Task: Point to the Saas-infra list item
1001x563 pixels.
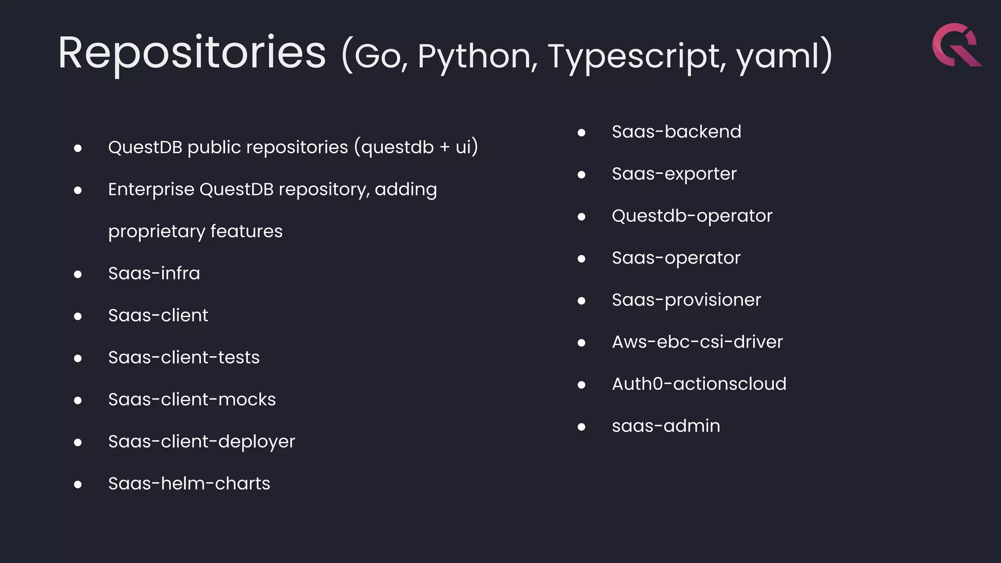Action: pyautogui.click(x=154, y=273)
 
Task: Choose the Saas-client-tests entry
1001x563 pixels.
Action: pyautogui.click(x=184, y=357)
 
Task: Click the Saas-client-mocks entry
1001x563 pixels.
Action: pyautogui.click(x=192, y=399)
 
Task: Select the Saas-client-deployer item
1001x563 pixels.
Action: pyautogui.click(x=201, y=442)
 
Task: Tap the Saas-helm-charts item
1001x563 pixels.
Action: pyautogui.click(x=189, y=483)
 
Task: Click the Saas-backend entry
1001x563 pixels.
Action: pyautogui.click(x=676, y=132)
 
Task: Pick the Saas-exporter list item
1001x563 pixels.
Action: pyautogui.click(x=674, y=174)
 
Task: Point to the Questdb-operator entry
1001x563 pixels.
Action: pyautogui.click(x=692, y=216)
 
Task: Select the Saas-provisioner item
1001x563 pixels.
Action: pyautogui.click(x=686, y=300)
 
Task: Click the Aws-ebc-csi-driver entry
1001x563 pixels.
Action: pyautogui.click(x=697, y=342)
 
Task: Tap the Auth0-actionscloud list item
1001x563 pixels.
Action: pyautogui.click(x=699, y=384)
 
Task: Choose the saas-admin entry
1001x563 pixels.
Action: pyautogui.click(x=666, y=426)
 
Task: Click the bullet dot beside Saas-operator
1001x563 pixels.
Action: pyautogui.click(x=581, y=259)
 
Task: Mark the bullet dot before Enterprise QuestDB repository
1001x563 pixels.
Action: pyautogui.click(x=78, y=191)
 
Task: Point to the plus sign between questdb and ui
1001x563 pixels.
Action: pyautogui.click(x=445, y=148)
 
